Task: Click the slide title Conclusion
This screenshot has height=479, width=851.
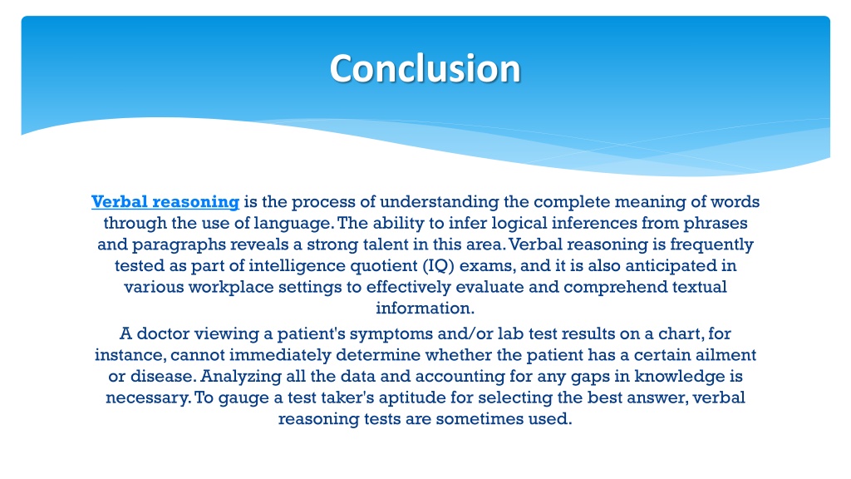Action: point(425,68)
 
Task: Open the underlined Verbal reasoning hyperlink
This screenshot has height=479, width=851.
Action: point(165,202)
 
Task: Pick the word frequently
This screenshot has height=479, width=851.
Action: point(711,244)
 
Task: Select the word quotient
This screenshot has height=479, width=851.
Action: point(383,265)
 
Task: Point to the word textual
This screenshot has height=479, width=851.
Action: point(699,287)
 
